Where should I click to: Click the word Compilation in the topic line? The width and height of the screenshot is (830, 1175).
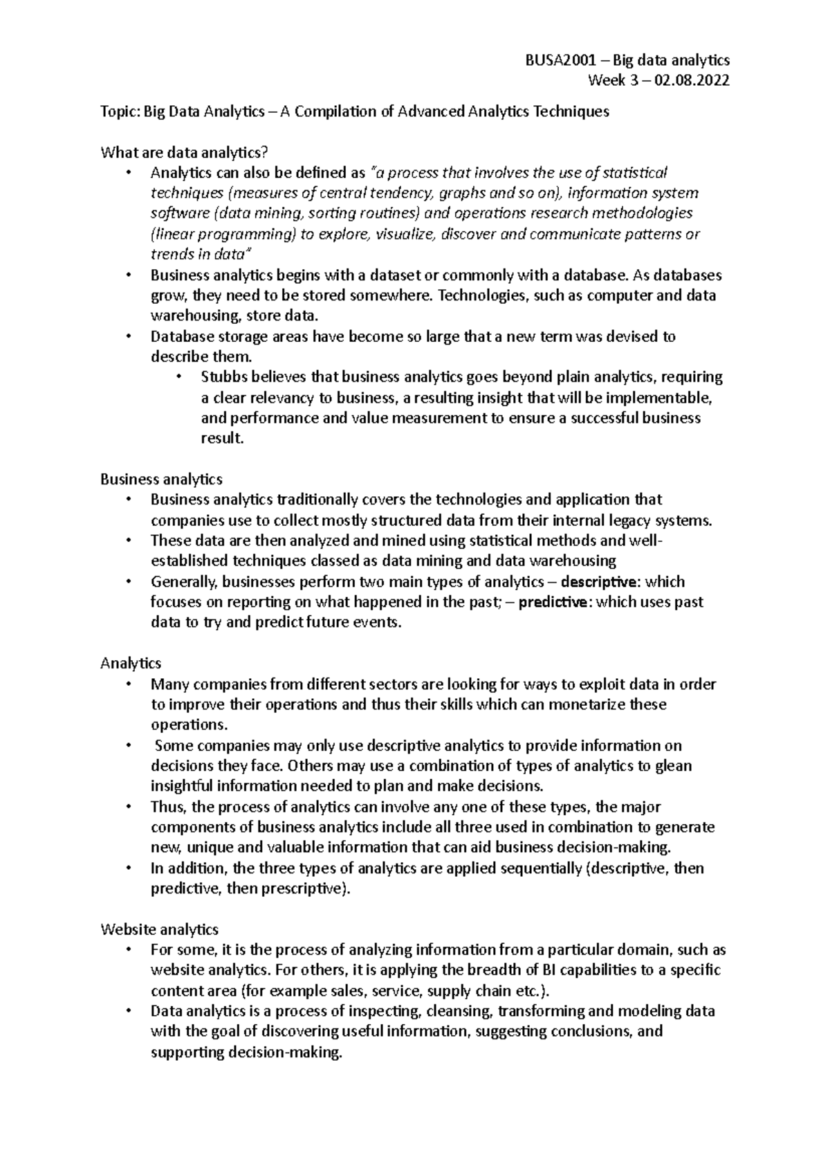coord(335,111)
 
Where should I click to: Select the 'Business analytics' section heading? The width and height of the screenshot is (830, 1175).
coord(161,479)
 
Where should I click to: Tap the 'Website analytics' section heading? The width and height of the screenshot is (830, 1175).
coord(159,929)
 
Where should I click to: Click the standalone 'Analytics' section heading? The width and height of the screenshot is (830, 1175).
coord(131,663)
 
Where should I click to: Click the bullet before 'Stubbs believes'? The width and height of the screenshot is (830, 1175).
coord(178,377)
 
